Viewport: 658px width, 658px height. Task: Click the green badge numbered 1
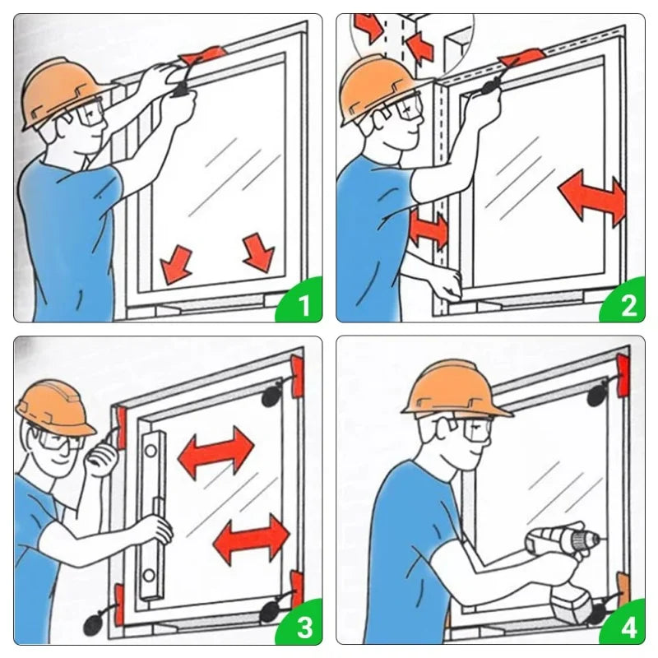point(301,301)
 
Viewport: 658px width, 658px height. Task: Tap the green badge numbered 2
point(624,301)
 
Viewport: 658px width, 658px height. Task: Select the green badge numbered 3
point(301,624)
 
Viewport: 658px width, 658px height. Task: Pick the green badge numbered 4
point(624,624)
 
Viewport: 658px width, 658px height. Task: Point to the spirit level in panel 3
point(153,516)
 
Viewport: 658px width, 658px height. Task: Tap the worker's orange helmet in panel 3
point(54,408)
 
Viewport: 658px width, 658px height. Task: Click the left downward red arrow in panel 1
point(176,264)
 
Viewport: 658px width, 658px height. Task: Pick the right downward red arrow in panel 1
point(258,253)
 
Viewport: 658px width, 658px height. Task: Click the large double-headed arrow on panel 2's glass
point(591,197)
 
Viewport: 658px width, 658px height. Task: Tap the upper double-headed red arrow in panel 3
point(215,453)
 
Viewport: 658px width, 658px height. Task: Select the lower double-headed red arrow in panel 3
point(251,540)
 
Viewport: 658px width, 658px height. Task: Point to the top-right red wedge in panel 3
point(297,376)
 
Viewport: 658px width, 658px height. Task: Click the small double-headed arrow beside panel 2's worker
point(428,230)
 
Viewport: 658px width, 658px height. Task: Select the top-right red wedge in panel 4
point(622,375)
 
